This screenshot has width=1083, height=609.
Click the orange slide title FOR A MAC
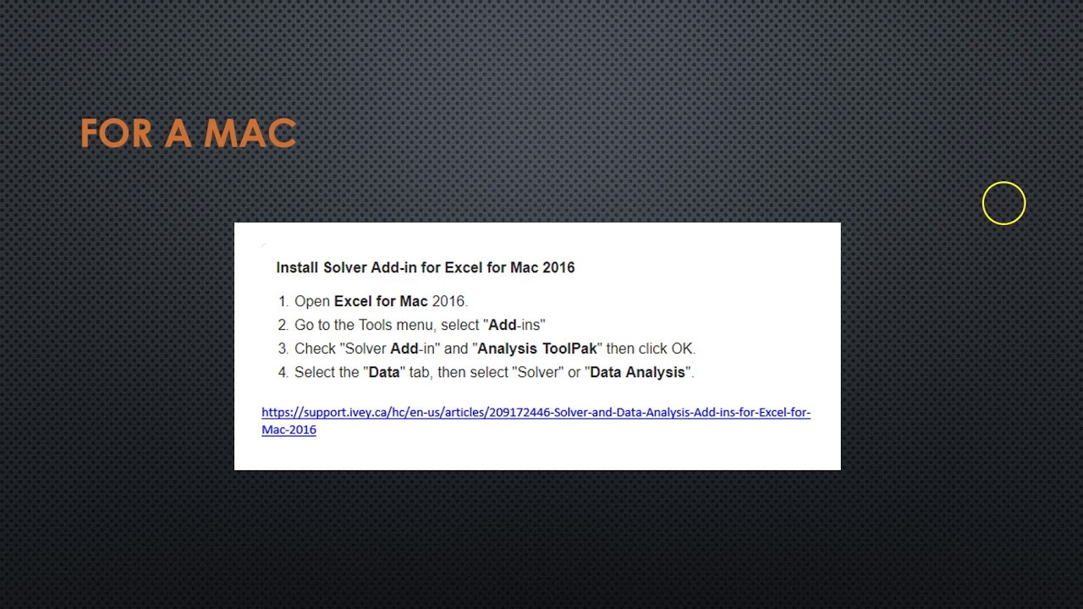point(188,134)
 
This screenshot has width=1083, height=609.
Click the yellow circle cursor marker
point(1003,204)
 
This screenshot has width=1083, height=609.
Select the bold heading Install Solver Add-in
point(425,267)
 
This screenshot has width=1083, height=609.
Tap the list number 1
point(283,301)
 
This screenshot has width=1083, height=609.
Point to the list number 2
point(283,325)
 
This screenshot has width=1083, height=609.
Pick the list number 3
point(283,348)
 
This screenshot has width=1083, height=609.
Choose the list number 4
point(283,372)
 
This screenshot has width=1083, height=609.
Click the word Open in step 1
point(312,301)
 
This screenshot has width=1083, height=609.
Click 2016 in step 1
point(448,301)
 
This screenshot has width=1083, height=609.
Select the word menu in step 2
point(415,325)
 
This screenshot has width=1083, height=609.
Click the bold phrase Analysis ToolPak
point(537,348)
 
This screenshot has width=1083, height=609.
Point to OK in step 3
point(682,348)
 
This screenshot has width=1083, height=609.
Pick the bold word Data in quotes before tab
point(384,372)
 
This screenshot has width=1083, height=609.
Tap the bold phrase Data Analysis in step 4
point(637,372)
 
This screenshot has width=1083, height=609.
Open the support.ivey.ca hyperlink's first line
point(536,413)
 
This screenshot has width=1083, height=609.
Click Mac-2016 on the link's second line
point(289,430)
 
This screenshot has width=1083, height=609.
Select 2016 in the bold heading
point(558,267)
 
